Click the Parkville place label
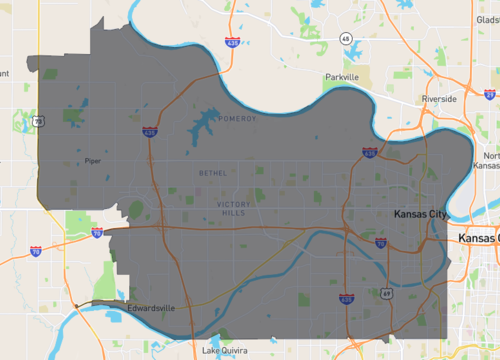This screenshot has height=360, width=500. (x=341, y=77)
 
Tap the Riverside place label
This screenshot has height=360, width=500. (x=439, y=99)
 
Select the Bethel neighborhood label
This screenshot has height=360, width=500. (x=213, y=173)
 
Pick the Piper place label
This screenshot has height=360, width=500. (x=93, y=159)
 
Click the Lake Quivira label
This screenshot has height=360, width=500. (x=224, y=351)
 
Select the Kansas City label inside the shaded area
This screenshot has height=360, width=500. (x=417, y=216)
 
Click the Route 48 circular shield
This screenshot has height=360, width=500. (x=345, y=38)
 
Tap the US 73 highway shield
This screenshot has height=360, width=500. (x=37, y=120)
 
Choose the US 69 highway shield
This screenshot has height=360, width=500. (x=385, y=295)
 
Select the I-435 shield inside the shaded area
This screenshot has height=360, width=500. (x=149, y=131)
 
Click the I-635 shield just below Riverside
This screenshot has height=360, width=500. (x=370, y=153)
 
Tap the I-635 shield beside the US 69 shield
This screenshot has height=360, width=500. (x=347, y=299)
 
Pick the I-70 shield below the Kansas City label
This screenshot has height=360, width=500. (x=380, y=243)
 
